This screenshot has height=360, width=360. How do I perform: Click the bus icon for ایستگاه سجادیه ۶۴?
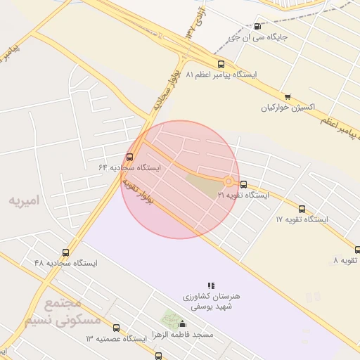(129, 157)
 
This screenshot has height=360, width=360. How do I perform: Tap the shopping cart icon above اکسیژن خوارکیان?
(288, 97)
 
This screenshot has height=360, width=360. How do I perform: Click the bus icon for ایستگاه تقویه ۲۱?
(243, 184)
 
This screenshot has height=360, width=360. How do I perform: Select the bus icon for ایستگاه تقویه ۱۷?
(302, 209)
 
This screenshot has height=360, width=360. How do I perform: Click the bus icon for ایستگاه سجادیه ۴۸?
(66, 252)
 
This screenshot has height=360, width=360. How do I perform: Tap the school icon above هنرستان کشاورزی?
(211, 285)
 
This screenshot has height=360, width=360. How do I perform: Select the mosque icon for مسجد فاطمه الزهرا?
(183, 324)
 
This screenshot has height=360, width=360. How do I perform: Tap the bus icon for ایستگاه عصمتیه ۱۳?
(116, 328)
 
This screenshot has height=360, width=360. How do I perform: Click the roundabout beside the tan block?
(229, 181)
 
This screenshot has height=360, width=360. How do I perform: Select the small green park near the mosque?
(170, 320)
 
